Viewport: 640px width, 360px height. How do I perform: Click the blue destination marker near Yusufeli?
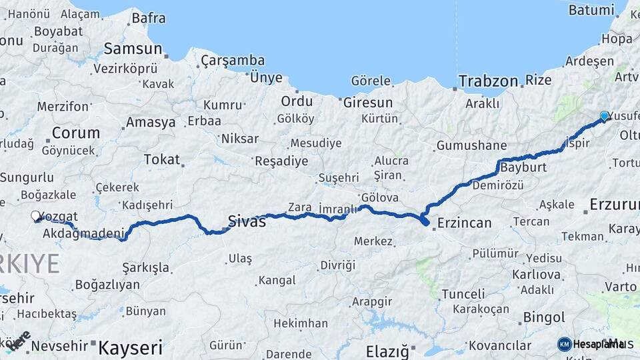[605, 116]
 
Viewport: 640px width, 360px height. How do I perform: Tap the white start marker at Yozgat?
[35, 216]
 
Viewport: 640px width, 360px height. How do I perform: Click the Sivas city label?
[247, 221]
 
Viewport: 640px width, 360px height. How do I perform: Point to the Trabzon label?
[488, 81]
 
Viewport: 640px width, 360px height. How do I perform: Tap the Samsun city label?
[133, 49]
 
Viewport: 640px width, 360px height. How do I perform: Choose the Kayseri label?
[131, 347]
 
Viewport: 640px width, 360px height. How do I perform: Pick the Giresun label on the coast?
[367, 103]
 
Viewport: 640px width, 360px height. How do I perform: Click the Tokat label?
[161, 160]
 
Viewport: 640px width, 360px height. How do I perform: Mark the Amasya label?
[151, 123]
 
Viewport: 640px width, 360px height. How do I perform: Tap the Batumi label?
[591, 10]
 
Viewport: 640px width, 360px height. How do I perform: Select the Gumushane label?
[471, 146]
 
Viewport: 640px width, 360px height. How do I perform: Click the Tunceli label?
[463, 294]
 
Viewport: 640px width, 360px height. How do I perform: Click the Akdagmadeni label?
[83, 234]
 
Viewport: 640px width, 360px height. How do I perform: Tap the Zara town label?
[300, 207]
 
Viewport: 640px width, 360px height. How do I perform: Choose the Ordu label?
[297, 101]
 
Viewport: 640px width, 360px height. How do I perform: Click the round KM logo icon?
[565, 344]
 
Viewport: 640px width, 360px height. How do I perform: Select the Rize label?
[539, 81]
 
